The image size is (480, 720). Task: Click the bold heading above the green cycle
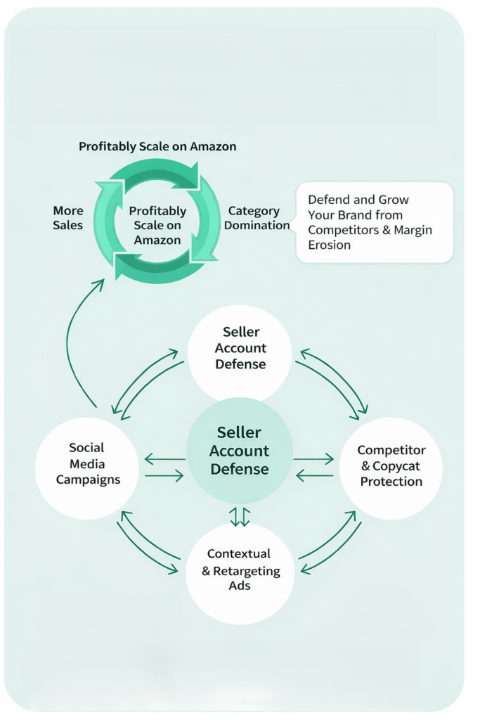click(x=157, y=146)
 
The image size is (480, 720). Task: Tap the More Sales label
click(x=67, y=218)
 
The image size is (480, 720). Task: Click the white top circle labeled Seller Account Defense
click(x=240, y=348)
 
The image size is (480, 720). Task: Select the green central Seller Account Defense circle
click(x=240, y=450)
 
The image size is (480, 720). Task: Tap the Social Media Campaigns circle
click(x=86, y=463)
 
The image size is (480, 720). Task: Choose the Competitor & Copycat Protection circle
click(x=391, y=465)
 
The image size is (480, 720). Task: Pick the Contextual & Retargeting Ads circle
click(x=240, y=570)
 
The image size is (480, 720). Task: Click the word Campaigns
click(x=87, y=480)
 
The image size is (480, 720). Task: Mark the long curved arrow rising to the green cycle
click(x=71, y=337)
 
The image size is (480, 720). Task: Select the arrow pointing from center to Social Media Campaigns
click(x=164, y=461)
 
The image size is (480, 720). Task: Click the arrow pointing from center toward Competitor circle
click(x=313, y=460)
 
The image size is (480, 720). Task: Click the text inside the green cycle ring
click(x=157, y=225)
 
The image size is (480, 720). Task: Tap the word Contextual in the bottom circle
click(x=239, y=554)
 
